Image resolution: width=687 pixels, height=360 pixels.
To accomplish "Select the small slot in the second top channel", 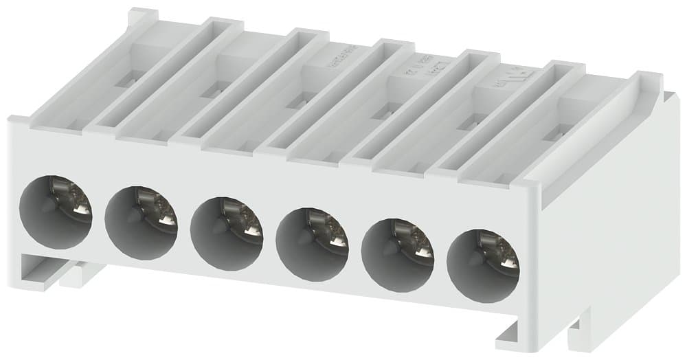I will tap(211, 90).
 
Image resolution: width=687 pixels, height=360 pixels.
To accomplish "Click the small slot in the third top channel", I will tap(297, 102).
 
